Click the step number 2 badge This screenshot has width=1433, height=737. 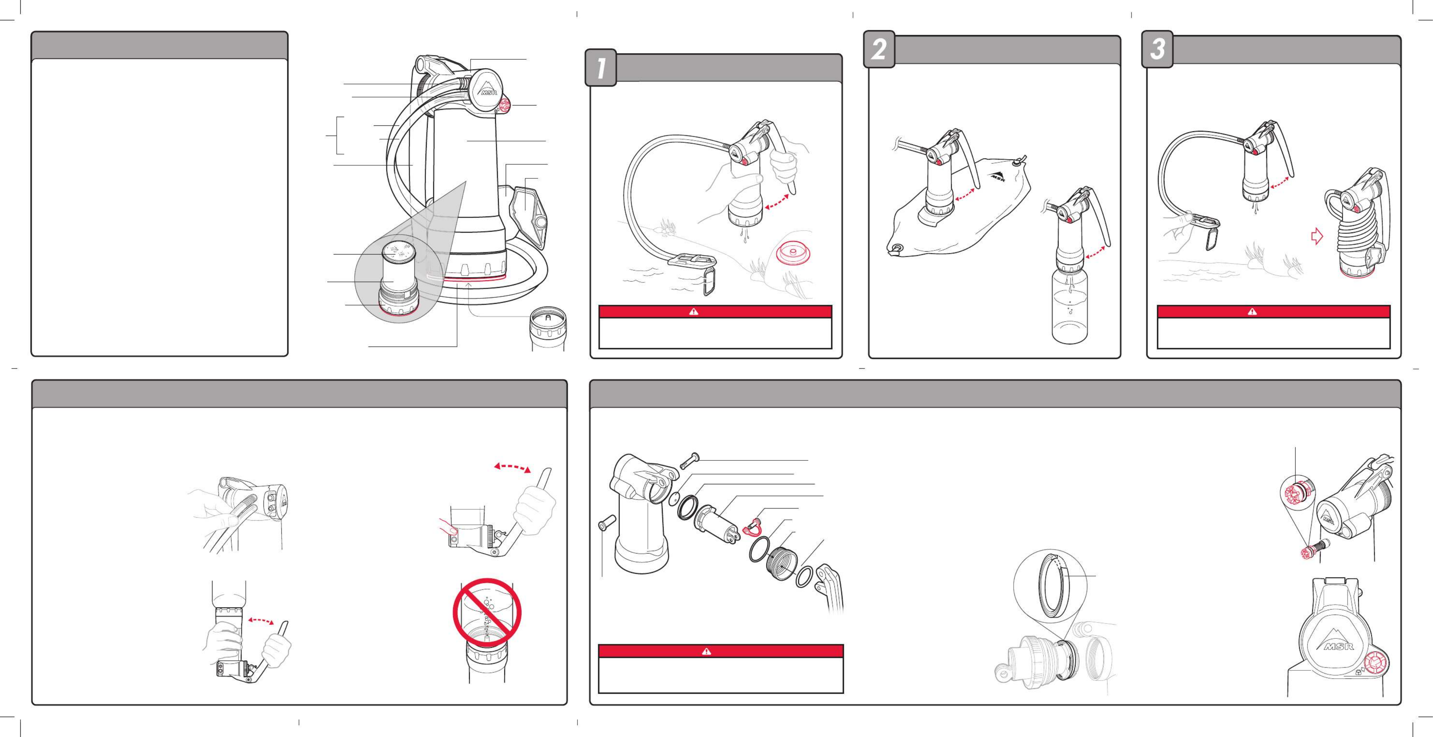[879, 50]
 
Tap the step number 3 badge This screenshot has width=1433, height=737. [1157, 50]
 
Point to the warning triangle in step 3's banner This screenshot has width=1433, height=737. [1252, 311]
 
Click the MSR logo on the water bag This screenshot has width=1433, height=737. [999, 176]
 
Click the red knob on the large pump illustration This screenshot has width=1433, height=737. [506, 104]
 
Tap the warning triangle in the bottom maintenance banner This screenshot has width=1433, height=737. [707, 651]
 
